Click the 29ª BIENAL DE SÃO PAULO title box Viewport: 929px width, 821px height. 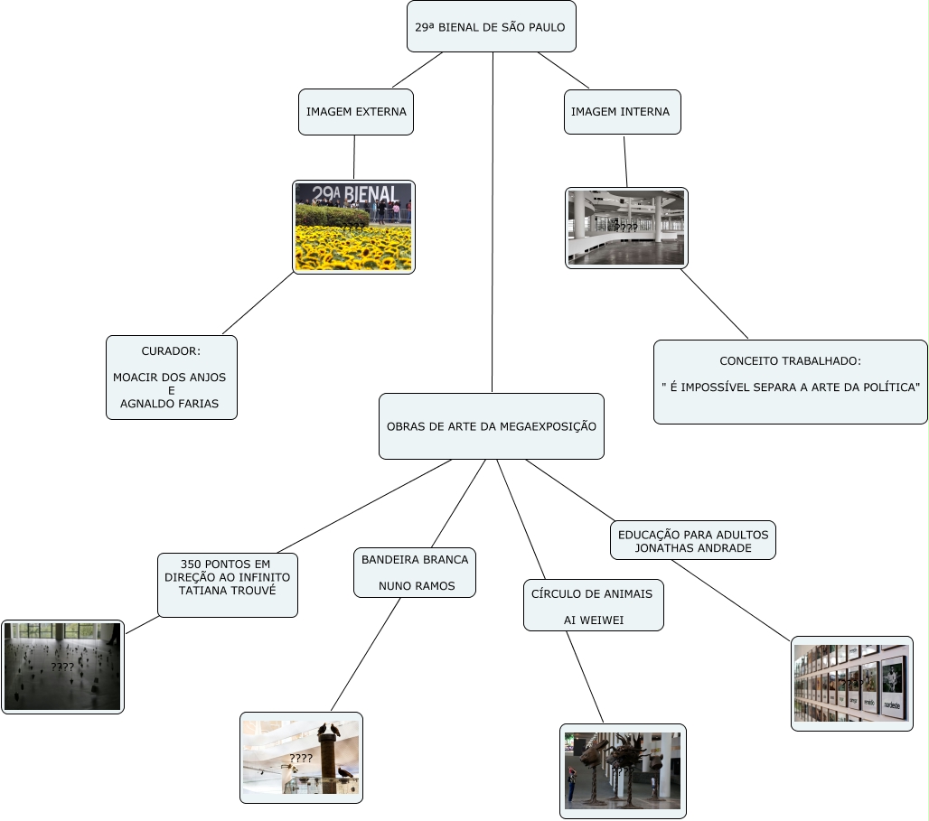491,27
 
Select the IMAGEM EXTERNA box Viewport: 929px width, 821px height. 356,112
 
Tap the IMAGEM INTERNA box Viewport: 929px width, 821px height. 622,112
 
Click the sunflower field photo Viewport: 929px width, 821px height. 354,227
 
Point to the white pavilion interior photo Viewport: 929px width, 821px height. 626,228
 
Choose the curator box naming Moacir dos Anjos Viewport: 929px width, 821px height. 172,378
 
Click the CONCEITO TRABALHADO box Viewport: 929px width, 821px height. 790,381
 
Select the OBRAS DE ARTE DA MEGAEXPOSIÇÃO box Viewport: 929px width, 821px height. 491,426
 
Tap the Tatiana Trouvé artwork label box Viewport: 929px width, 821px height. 228,584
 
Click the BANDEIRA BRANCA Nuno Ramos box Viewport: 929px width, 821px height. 415,573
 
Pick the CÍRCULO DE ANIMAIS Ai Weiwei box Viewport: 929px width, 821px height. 594,605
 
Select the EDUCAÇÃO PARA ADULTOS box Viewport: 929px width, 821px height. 692,540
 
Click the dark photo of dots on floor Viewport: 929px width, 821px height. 62,667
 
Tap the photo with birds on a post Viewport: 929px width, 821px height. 301,757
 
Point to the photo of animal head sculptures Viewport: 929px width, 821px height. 623,770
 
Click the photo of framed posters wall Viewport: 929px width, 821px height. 851,683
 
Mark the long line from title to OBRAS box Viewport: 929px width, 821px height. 493,226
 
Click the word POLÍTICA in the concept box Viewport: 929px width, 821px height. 889,387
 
